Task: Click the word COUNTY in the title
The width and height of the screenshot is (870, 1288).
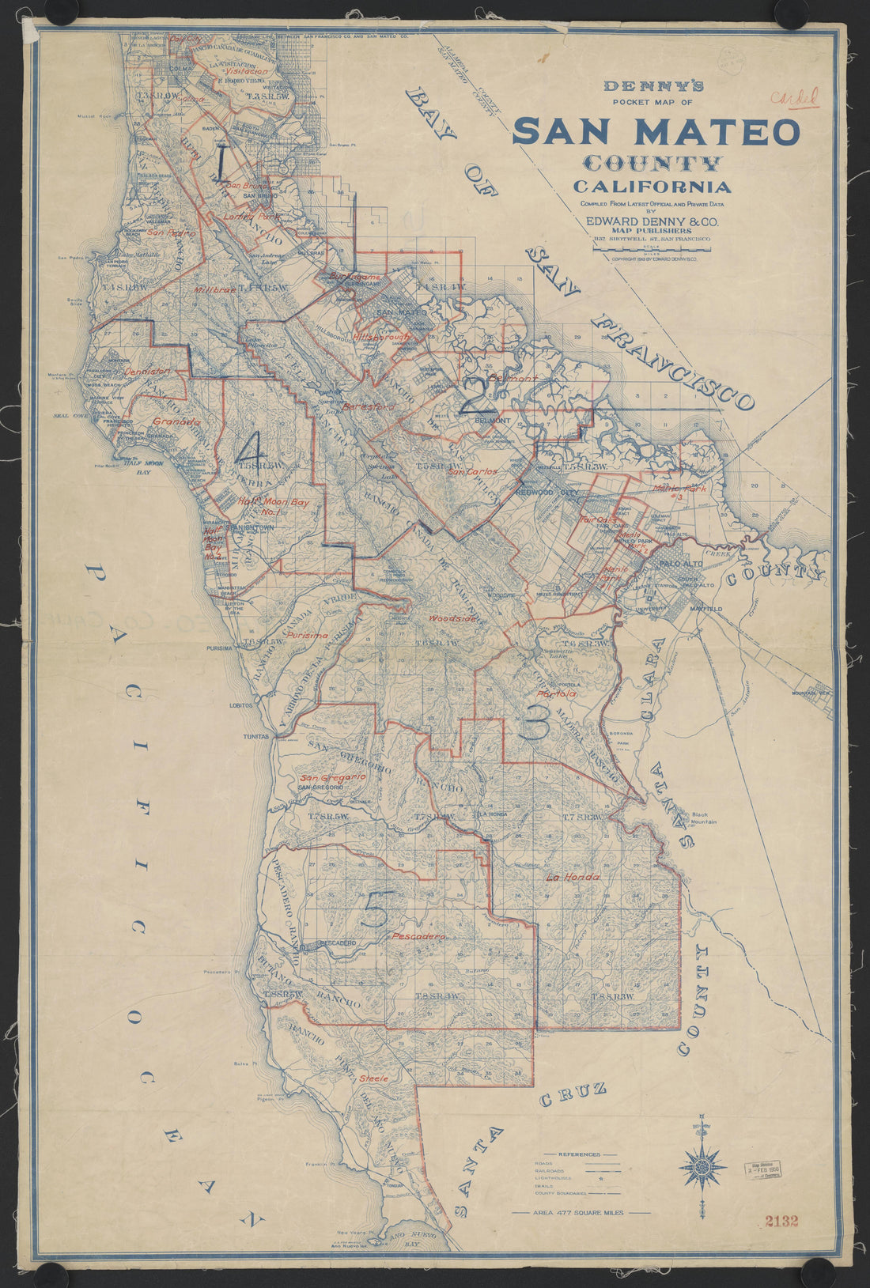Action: coord(652,164)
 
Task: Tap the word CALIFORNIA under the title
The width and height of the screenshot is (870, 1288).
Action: coord(652,187)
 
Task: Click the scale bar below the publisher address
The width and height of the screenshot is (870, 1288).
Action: coord(652,249)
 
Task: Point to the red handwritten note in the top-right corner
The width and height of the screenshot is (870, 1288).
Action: coord(794,98)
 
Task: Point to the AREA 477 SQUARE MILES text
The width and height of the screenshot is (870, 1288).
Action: coord(581,1212)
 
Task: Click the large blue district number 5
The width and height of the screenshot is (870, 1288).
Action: coord(376,913)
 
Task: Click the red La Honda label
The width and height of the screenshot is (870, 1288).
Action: coord(573,878)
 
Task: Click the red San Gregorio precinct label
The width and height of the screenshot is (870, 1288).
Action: coord(332,777)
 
